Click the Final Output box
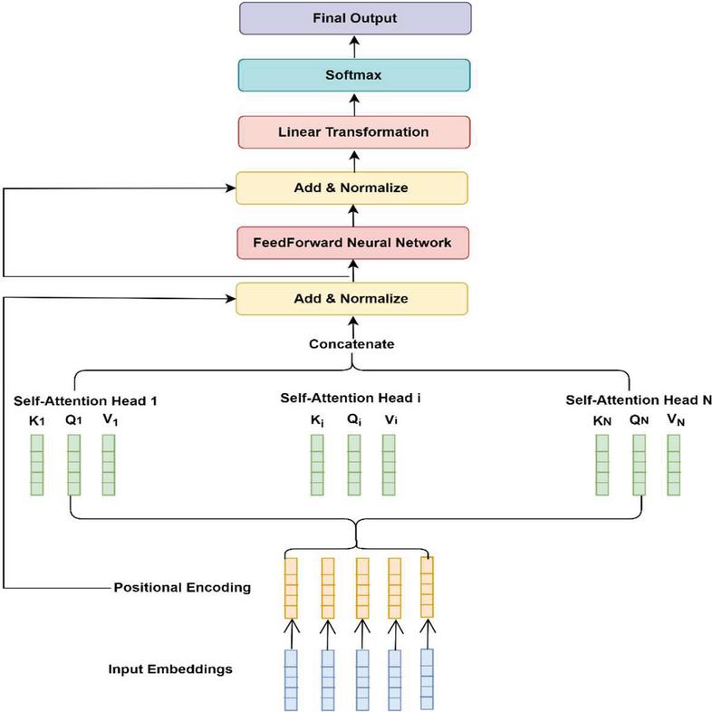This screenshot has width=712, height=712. coord(355,18)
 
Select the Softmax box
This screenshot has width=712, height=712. coord(354,75)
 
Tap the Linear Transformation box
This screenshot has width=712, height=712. coord(354,132)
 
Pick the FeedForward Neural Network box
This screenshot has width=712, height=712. coord(352,243)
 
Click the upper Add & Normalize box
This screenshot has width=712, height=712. coord(351,188)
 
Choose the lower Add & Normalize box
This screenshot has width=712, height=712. coord(351,299)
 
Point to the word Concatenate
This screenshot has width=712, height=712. coord(351,344)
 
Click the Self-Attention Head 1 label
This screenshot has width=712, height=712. coord(85,401)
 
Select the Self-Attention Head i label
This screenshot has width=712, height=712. coord(351,399)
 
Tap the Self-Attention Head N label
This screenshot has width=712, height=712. coord(639,400)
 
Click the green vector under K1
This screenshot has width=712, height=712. coord(37,465)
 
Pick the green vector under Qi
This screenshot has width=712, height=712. coord(354,465)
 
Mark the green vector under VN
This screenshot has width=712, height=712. coord(674,465)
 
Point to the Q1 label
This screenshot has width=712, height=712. coord(73,420)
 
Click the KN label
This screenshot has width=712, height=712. coord(602,421)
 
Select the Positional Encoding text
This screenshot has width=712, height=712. coord(182,588)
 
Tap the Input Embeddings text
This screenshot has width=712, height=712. coord(170,669)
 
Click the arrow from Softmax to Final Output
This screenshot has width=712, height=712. coord(354,47)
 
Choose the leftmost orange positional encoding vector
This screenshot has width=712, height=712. coord(291,588)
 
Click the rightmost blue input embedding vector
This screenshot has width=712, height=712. coord(427,679)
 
